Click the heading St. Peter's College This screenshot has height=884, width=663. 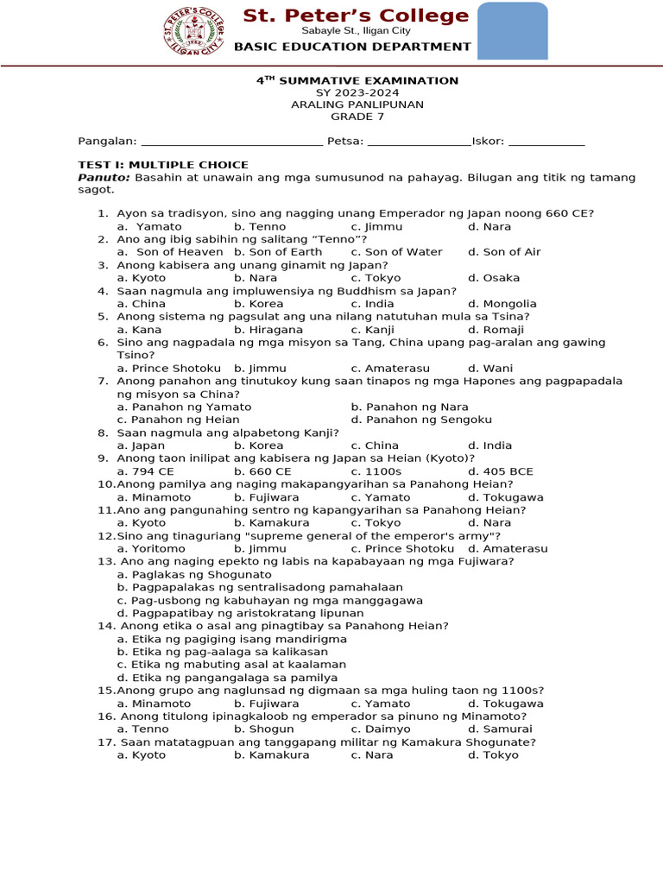pos(355,16)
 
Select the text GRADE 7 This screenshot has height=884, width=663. pos(357,117)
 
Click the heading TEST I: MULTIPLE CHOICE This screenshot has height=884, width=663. pos(163,165)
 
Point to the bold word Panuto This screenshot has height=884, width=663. pos(104,178)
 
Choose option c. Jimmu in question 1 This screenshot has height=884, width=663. pos(376,226)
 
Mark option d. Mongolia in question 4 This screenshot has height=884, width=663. pos(502,304)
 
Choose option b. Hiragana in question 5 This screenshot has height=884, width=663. pos(268,330)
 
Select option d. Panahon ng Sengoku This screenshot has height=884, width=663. pos(421,420)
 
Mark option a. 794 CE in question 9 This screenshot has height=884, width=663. pos(145,471)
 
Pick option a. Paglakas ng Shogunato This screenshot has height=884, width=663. pos(194,574)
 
